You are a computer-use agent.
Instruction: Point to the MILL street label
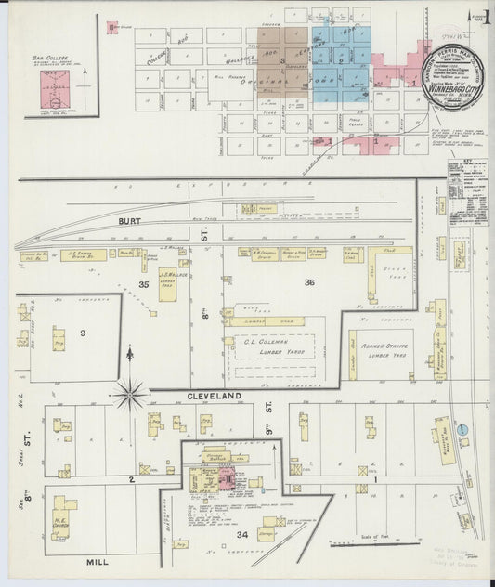pyautogui.click(x=97, y=562)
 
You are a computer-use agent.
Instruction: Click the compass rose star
pyautogui.click(x=130, y=396)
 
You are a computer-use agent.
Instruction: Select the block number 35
pyautogui.click(x=144, y=282)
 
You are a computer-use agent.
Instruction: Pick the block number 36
pyautogui.click(x=308, y=281)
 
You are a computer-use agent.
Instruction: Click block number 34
pyautogui.click(x=241, y=534)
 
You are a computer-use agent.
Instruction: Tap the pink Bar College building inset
pyautogui.click(x=49, y=92)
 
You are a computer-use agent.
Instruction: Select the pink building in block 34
pyautogui.click(x=226, y=478)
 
